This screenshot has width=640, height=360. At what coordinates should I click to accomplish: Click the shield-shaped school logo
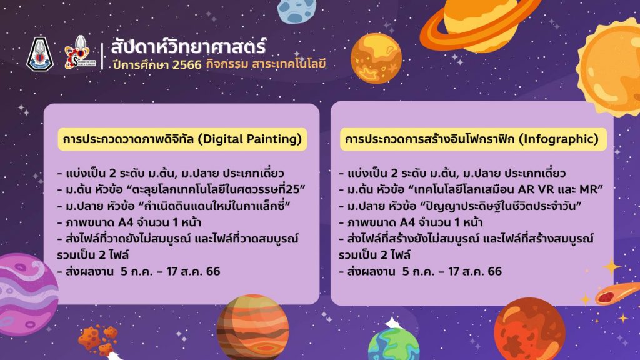(39, 54)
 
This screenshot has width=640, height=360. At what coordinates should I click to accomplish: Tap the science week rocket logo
(77, 52)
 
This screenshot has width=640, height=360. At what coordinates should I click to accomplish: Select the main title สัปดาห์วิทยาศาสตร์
(189, 46)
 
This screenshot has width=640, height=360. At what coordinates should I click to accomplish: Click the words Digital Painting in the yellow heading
(250, 139)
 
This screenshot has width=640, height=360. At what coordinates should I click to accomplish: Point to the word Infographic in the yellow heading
(558, 139)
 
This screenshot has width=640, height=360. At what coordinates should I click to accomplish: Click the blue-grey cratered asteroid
(296, 11)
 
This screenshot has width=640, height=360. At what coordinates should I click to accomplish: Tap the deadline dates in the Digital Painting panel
(170, 271)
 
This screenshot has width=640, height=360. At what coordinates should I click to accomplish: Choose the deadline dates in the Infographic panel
(452, 271)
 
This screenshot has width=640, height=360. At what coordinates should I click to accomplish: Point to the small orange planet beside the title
(376, 58)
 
